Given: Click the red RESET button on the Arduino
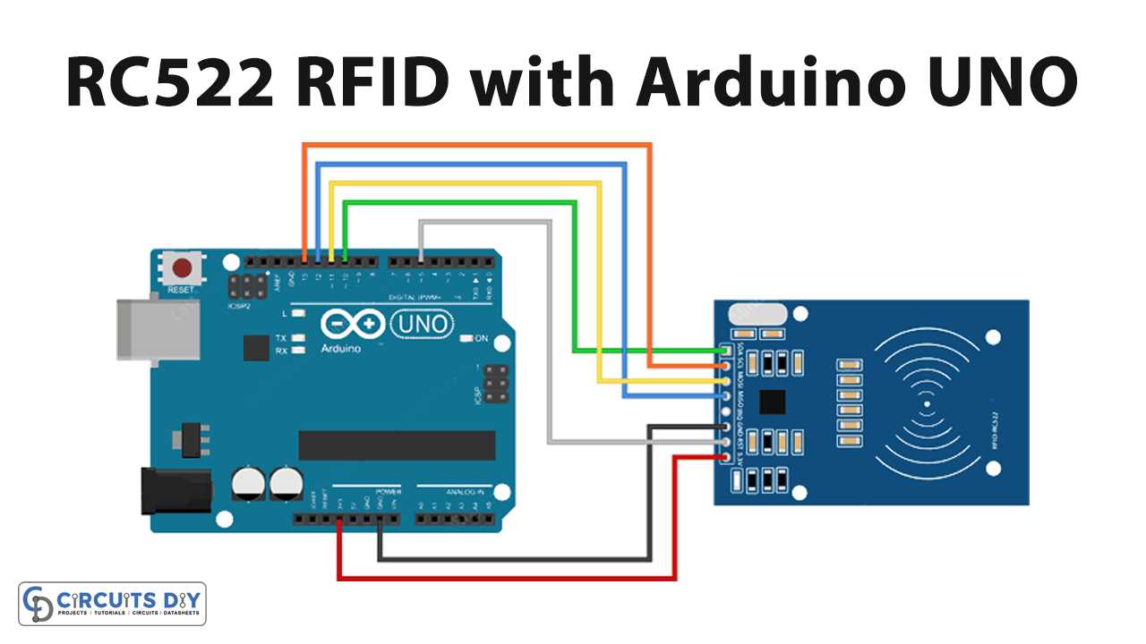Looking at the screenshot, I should [x=183, y=268].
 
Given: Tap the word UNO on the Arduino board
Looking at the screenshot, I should [x=422, y=325].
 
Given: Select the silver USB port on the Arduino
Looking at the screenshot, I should [x=134, y=329].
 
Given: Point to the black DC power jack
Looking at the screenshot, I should [x=175, y=491].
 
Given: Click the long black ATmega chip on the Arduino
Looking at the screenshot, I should [x=397, y=445].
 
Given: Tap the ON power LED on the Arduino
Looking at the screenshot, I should [x=467, y=339].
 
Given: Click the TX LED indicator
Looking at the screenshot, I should [x=298, y=339].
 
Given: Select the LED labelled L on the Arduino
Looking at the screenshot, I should [x=298, y=314].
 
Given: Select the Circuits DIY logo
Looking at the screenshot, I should [x=113, y=604].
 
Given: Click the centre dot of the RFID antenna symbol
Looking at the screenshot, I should [x=927, y=403].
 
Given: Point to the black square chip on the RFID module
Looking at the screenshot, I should [x=772, y=402].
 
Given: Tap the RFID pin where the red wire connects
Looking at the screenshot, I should [x=724, y=458].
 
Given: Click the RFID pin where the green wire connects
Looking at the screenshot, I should [x=724, y=350].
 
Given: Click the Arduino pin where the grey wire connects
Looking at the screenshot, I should [x=421, y=260].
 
